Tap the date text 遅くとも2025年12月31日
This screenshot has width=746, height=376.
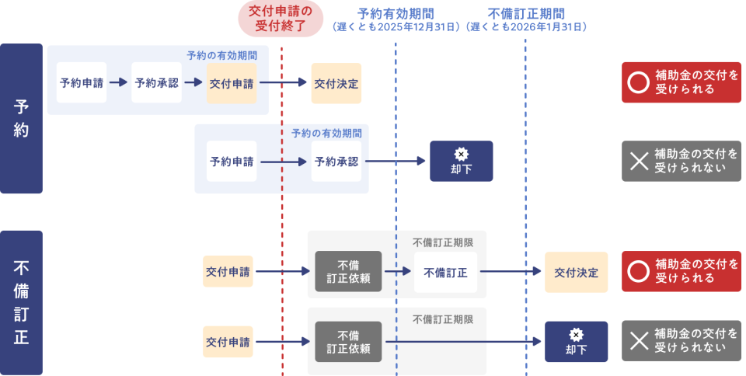[396, 26]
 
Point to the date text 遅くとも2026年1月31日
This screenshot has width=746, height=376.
[526, 26]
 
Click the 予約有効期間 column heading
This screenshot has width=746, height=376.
[396, 13]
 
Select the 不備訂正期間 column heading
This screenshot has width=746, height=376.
[526, 13]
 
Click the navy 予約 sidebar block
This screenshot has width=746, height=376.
[22, 118]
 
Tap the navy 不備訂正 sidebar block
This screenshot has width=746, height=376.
[22, 302]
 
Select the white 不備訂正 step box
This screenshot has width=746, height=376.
[445, 272]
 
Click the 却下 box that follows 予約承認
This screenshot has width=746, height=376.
[461, 161]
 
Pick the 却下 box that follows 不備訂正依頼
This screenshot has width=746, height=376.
[576, 342]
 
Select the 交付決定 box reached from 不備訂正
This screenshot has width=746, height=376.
[576, 272]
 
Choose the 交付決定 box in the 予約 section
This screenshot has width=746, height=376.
[336, 83]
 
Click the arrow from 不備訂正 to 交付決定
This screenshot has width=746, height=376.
[510, 272]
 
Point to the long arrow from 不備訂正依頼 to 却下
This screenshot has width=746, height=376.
[462, 342]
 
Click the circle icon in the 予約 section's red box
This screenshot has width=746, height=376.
[637, 82]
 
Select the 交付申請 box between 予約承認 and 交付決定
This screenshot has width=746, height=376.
[232, 83]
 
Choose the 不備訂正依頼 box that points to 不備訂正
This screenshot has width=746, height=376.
[348, 272]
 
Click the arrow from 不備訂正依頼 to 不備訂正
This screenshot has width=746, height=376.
[397, 272]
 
